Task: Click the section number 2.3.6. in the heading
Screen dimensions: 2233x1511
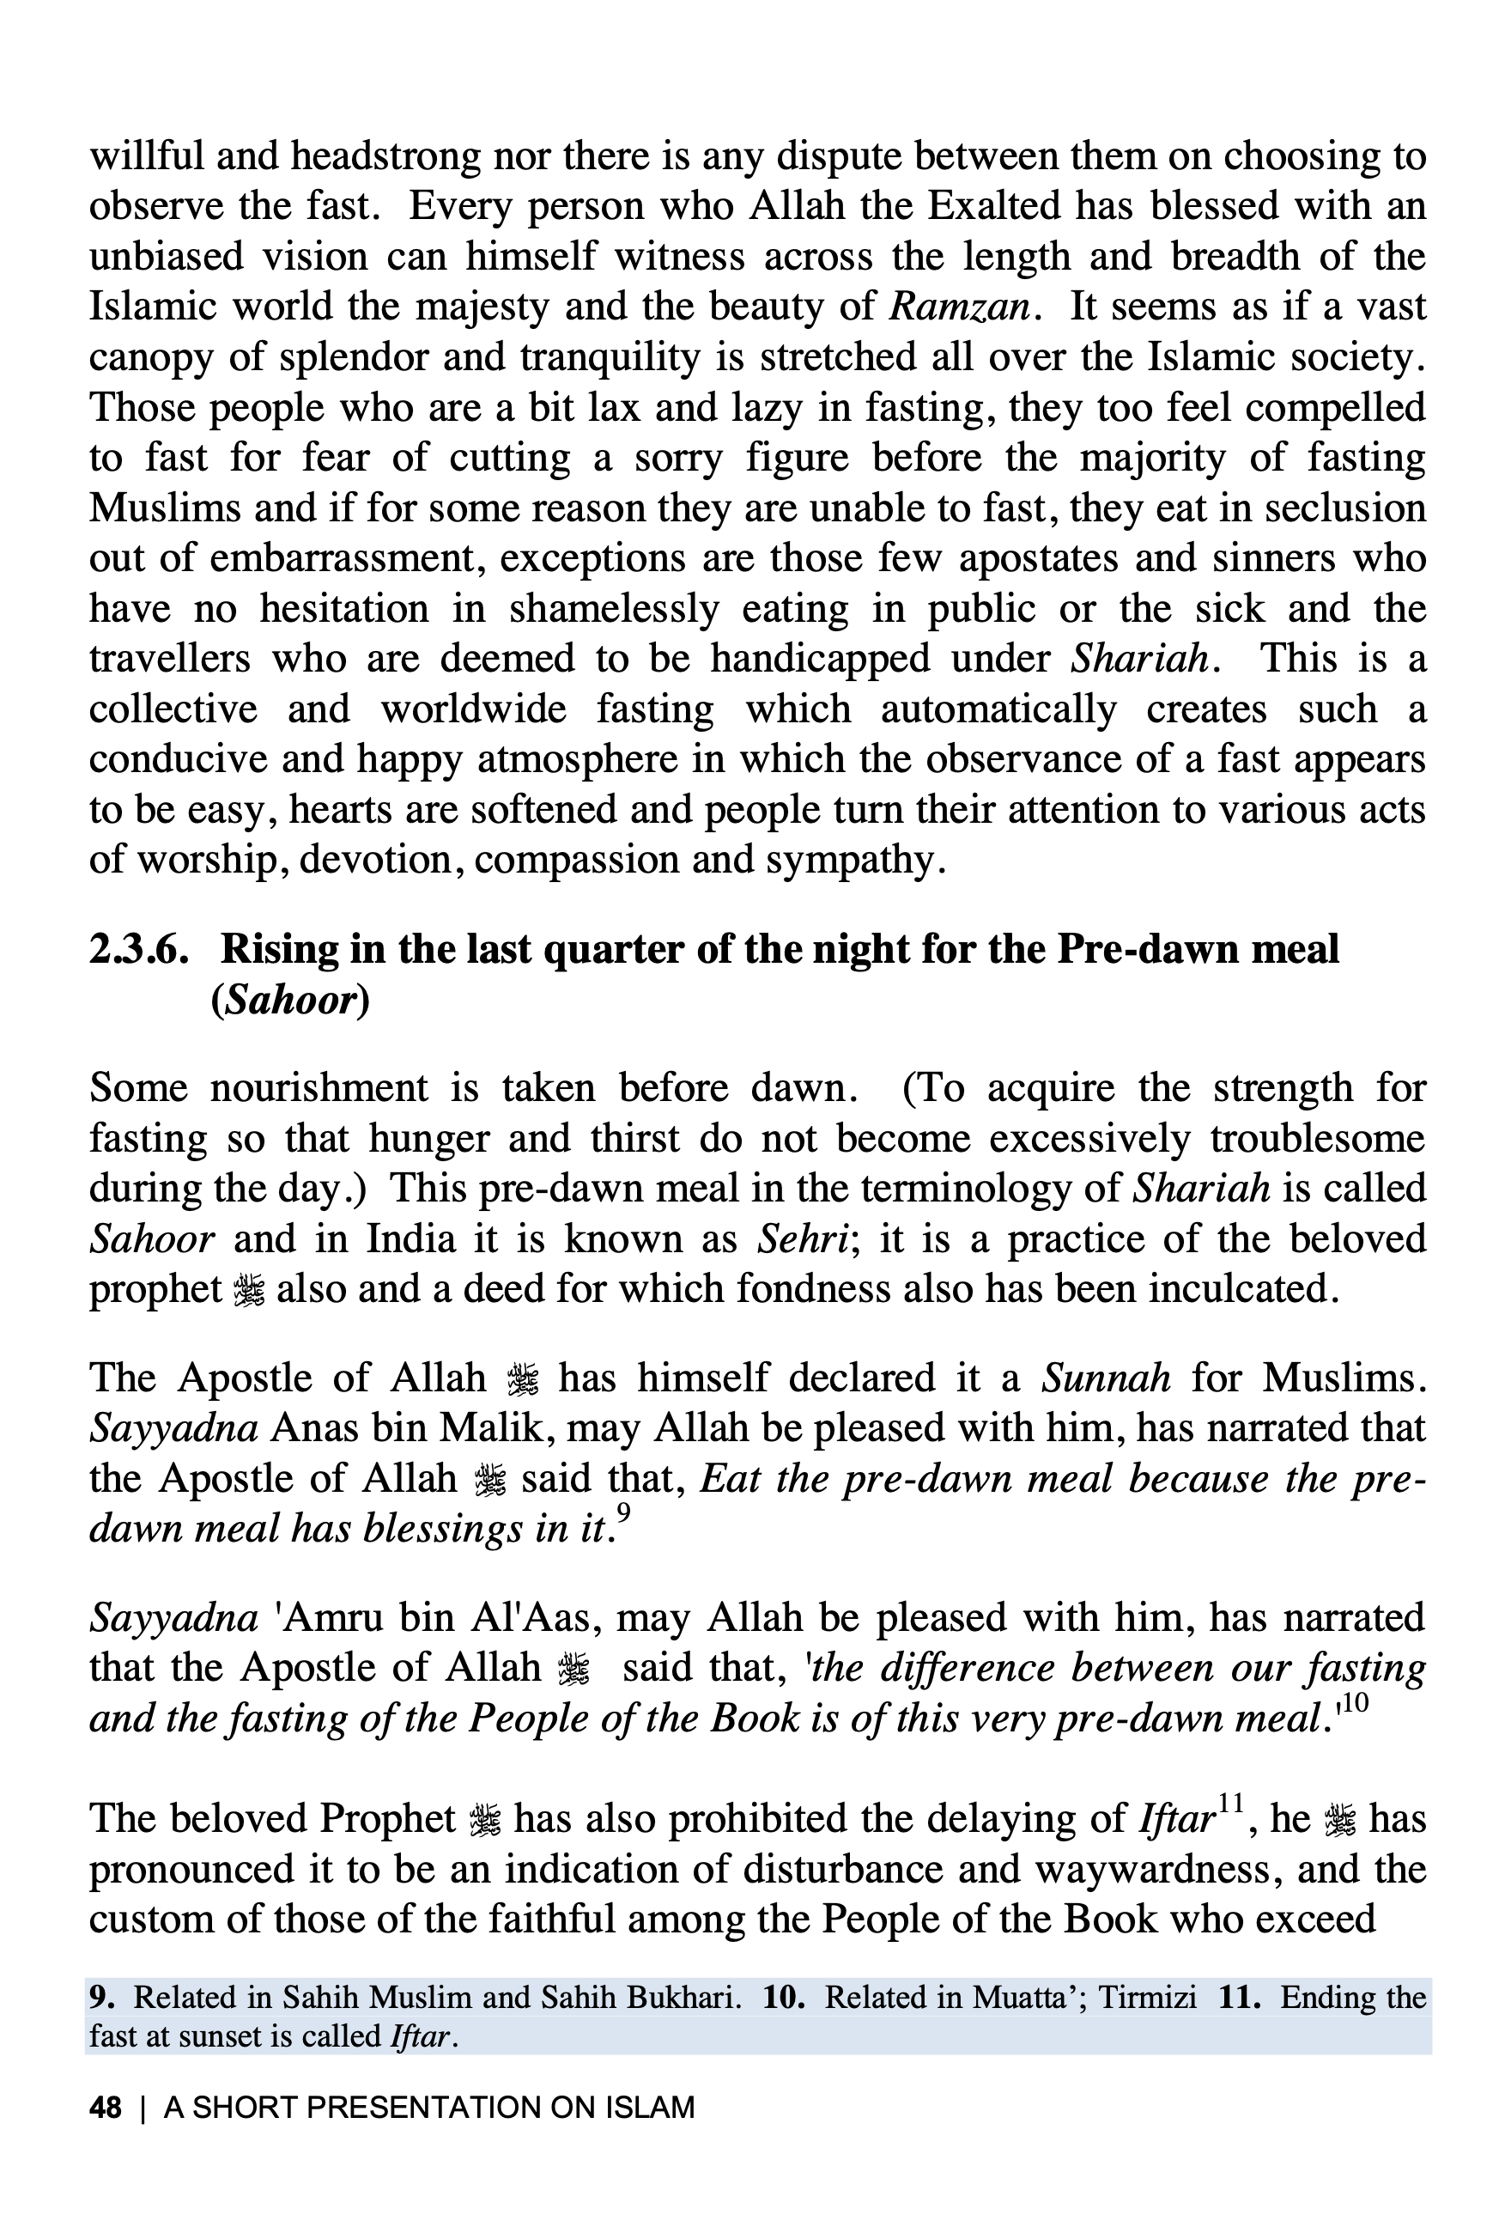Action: click(x=138, y=949)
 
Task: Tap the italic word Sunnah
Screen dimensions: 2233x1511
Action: click(x=1107, y=1378)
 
